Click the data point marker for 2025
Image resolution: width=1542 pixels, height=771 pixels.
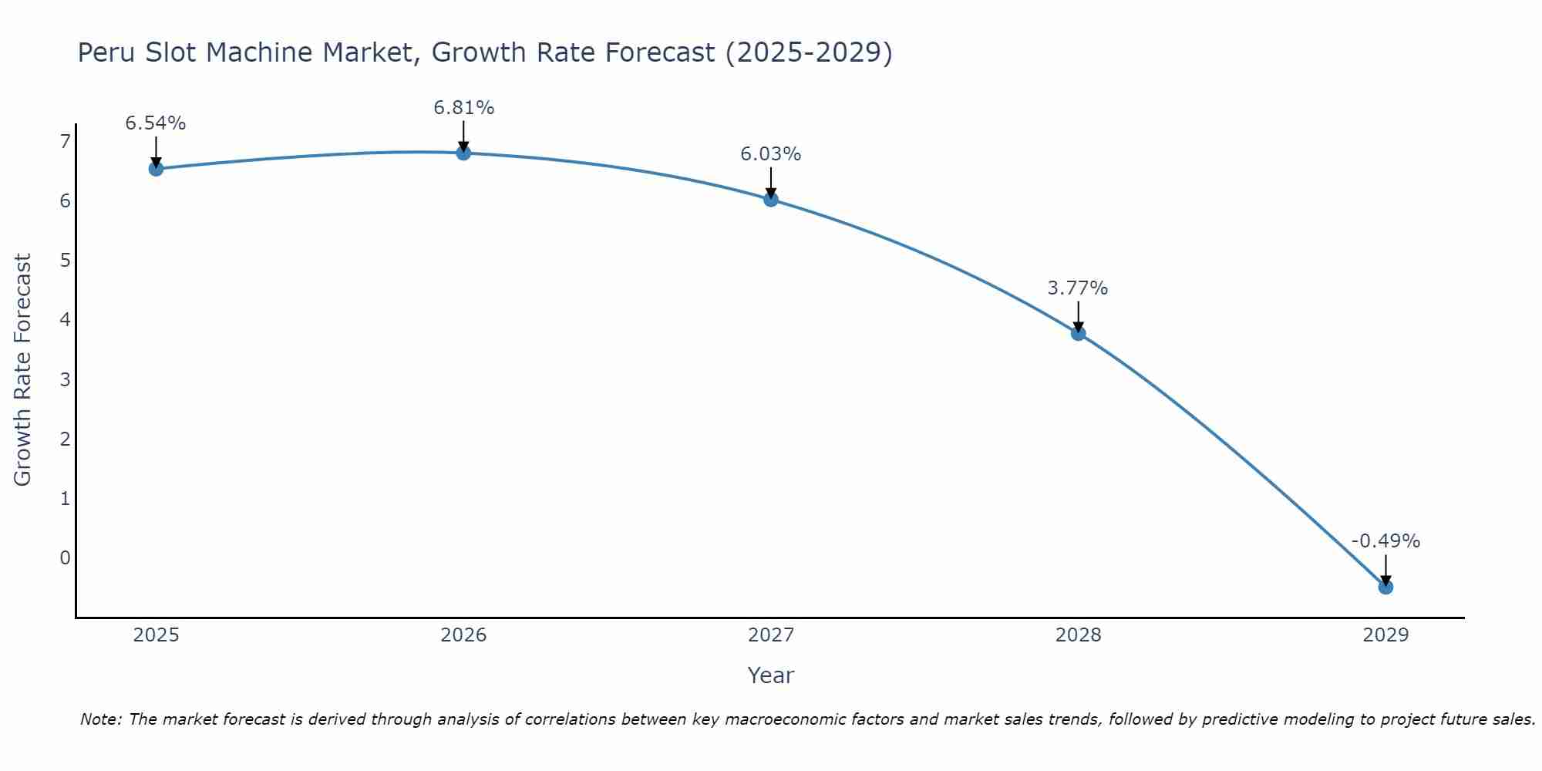pos(156,169)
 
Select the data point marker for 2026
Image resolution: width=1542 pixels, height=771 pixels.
pos(463,153)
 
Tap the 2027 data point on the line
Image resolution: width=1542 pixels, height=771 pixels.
pos(771,200)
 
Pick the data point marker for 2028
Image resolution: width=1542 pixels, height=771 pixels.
pos(1078,333)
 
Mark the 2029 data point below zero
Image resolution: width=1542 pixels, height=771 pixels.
pos(1385,587)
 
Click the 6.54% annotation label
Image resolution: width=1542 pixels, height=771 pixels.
pos(156,123)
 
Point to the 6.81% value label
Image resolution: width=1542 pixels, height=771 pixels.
pos(463,108)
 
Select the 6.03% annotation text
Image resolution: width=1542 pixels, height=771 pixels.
pos(771,154)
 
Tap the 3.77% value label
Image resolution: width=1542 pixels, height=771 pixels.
pos(1078,288)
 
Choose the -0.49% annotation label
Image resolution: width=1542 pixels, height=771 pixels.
pos(1385,541)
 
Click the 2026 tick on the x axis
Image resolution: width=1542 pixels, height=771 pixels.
pos(463,635)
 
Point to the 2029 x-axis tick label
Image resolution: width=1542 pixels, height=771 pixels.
pos(1385,635)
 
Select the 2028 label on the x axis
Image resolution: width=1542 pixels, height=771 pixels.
pos(1078,635)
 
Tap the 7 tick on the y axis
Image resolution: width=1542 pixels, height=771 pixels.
pos(65,141)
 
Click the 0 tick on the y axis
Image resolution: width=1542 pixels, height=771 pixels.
pos(65,557)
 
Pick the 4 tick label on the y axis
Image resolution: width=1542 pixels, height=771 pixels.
pos(65,319)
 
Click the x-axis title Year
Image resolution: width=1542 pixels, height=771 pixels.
pos(770,675)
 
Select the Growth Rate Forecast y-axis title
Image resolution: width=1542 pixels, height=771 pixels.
pos(23,370)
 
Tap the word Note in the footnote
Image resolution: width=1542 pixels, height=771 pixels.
pos(100,719)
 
